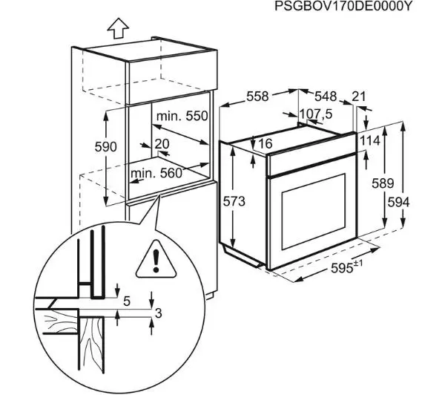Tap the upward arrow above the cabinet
[116, 27]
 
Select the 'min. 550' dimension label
[182, 116]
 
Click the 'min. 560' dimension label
[156, 174]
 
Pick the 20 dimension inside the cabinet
[162, 143]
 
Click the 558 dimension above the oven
[257, 96]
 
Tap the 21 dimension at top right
[360, 97]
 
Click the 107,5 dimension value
[315, 114]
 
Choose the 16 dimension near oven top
[267, 143]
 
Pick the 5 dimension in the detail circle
[127, 301]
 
